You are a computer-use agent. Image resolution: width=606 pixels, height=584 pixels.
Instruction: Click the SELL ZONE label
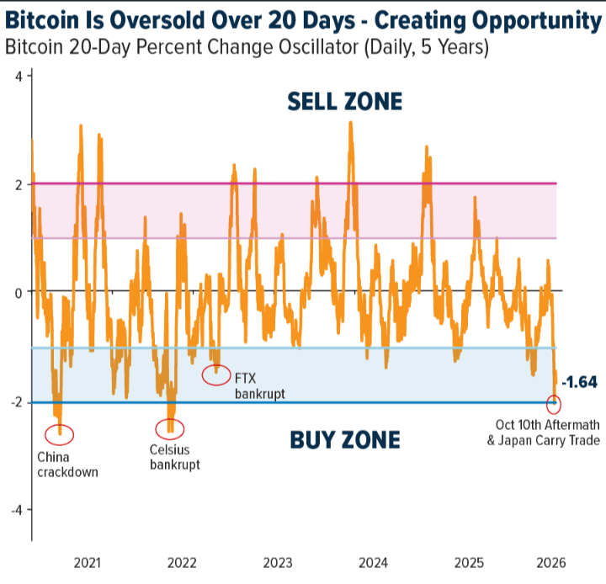tap(345, 103)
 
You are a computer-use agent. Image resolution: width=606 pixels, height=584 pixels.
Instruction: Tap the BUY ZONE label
tap(345, 439)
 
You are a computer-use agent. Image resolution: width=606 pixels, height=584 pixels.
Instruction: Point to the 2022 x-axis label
tap(183, 562)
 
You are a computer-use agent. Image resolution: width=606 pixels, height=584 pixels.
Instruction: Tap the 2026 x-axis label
tap(550, 562)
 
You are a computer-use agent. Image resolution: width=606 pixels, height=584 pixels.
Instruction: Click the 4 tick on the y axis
tap(19, 77)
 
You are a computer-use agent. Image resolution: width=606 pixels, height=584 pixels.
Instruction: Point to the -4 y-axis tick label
tap(16, 509)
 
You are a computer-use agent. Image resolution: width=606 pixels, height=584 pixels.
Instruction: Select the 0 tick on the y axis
tap(19, 292)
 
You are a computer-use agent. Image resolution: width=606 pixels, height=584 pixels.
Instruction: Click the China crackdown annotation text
tap(67, 465)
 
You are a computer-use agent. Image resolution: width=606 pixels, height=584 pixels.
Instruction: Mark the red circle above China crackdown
tap(60, 434)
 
